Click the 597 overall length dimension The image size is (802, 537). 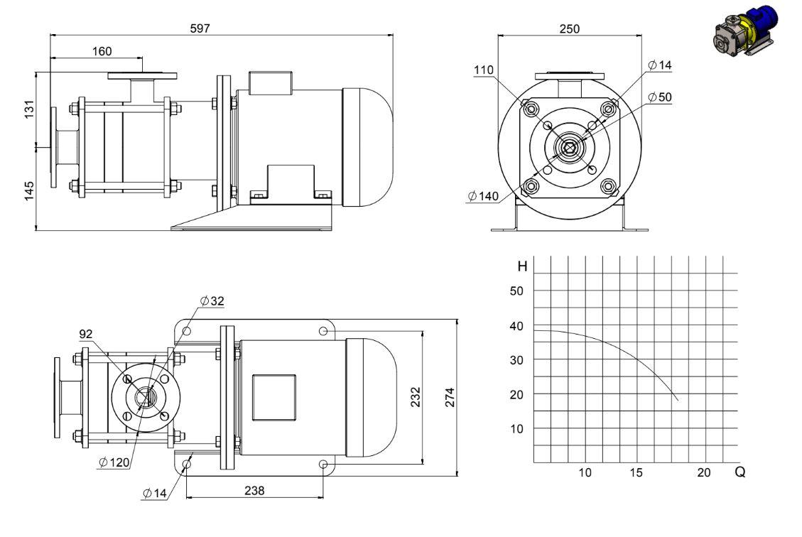200,28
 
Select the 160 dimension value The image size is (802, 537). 102,51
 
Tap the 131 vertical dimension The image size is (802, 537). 29,109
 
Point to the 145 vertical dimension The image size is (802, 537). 29,190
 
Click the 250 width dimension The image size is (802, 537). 569,29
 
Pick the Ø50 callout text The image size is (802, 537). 659,97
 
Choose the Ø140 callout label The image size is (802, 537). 483,196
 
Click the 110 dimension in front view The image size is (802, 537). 484,70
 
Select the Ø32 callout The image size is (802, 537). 212,300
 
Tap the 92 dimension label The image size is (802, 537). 86,334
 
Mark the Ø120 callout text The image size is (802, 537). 114,463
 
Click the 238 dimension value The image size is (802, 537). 254,490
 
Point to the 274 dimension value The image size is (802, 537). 450,397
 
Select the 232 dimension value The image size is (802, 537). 416,397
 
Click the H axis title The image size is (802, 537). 522,266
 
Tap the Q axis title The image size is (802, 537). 739,472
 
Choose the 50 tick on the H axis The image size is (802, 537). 516,291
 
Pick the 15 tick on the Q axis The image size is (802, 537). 636,472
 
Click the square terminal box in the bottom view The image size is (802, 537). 274,397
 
